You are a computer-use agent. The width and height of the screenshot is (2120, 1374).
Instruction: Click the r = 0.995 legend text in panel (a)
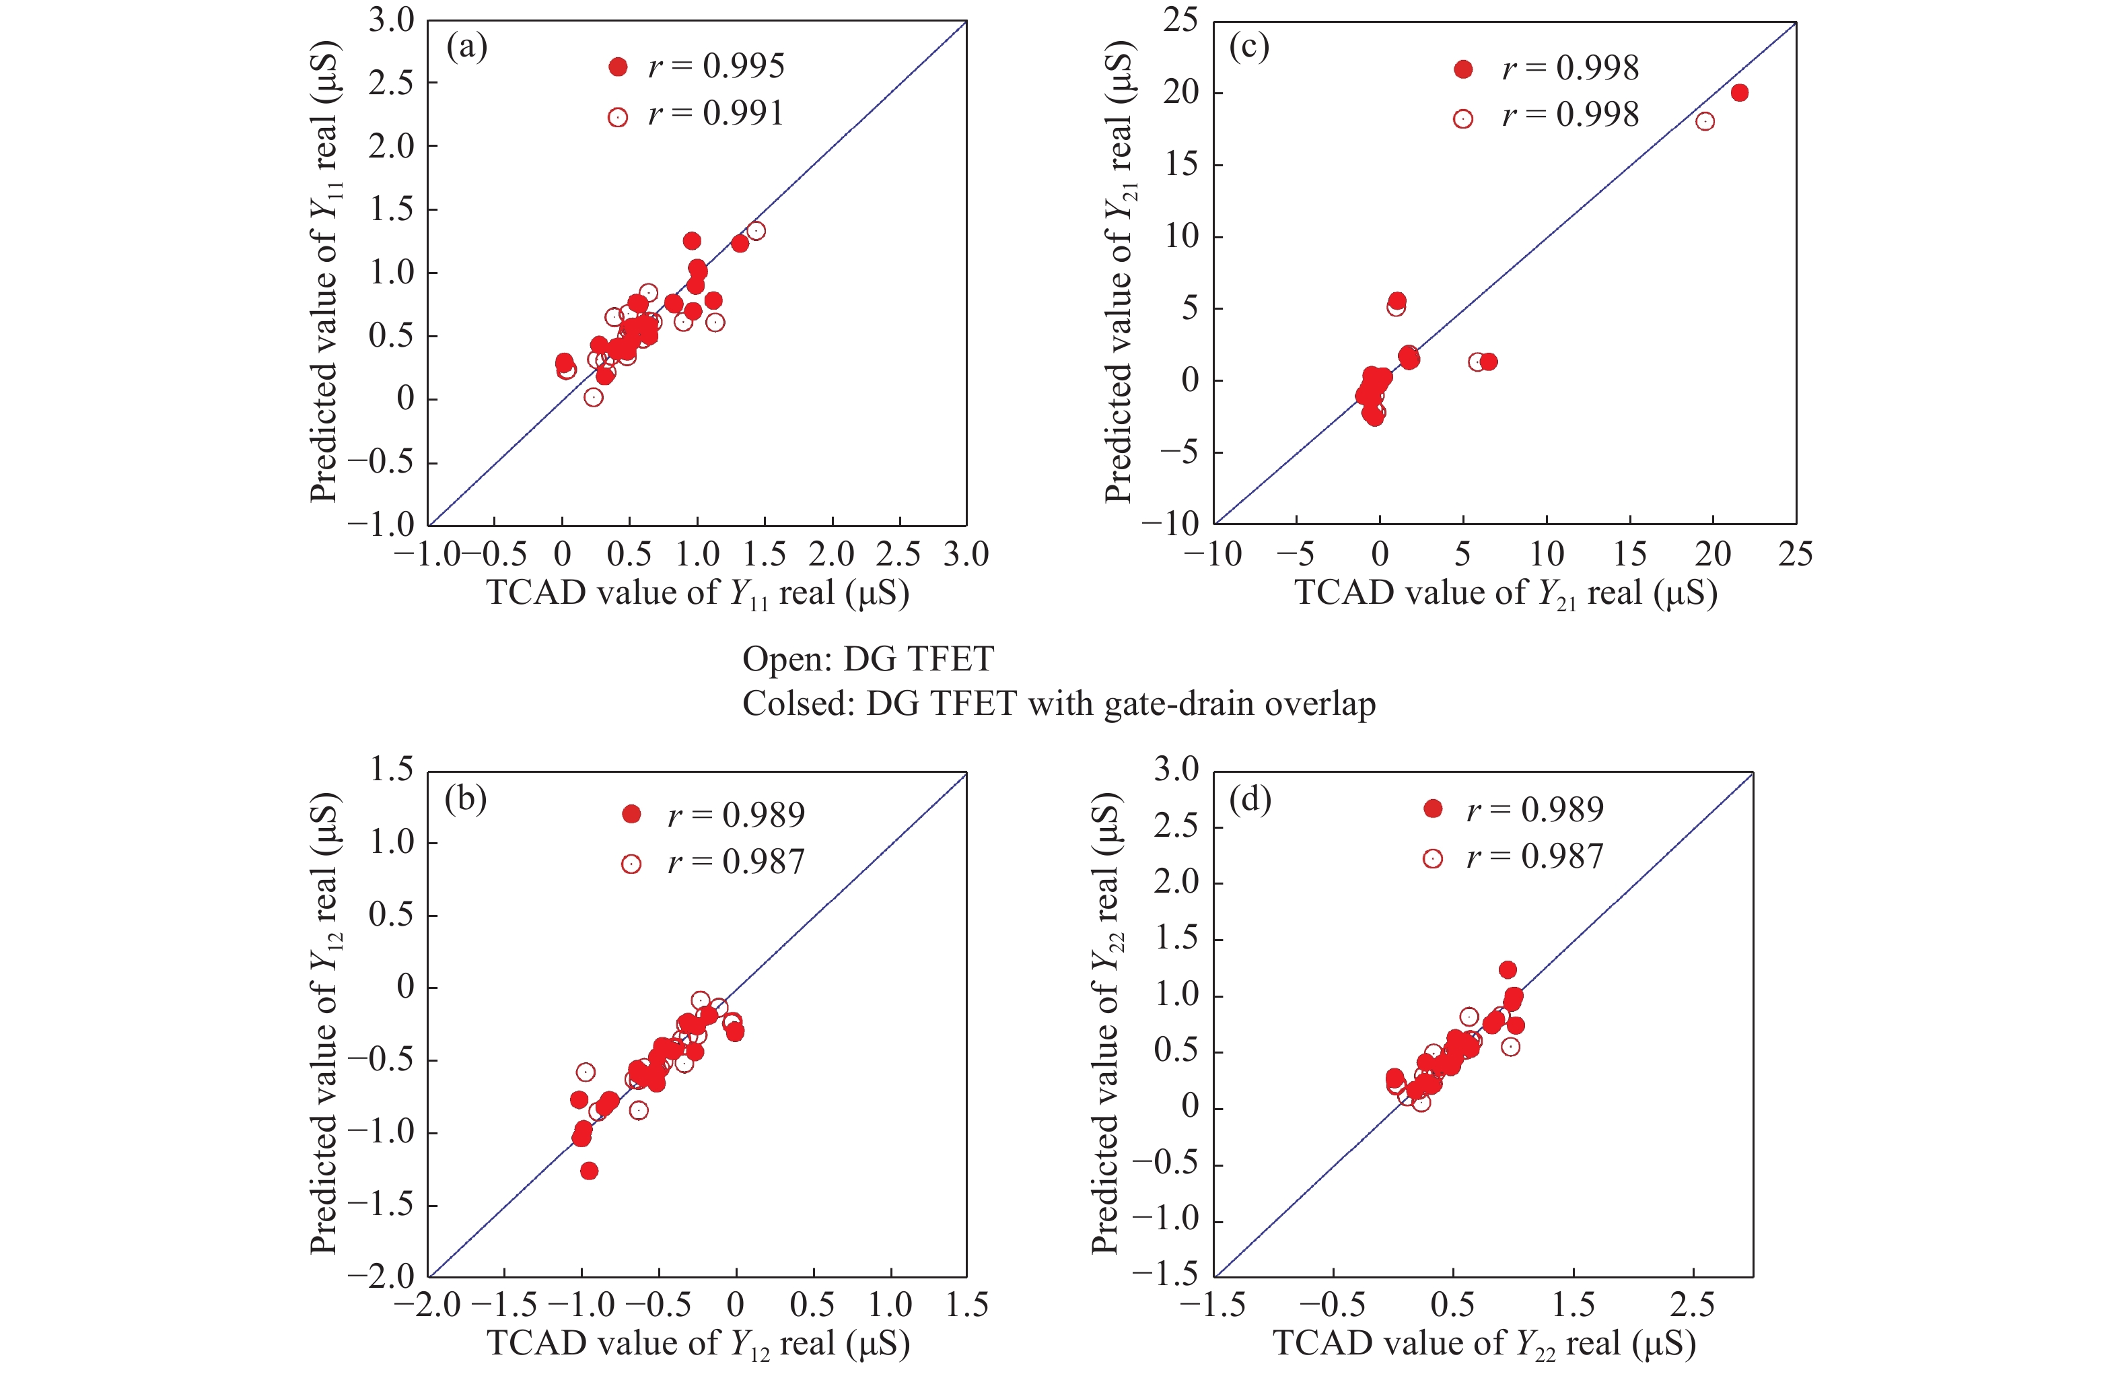click(x=716, y=66)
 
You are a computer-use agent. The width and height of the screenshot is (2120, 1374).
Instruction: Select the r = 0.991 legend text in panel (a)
click(x=716, y=113)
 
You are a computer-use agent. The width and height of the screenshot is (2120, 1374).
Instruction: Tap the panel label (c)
click(x=1249, y=46)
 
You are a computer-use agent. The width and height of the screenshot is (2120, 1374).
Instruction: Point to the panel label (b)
click(x=466, y=798)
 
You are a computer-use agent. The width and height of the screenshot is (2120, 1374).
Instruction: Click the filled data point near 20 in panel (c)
click(x=1739, y=93)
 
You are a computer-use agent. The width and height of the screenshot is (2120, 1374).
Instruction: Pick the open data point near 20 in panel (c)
click(x=1705, y=121)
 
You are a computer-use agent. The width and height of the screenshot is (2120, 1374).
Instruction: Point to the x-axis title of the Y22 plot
click(x=1484, y=1344)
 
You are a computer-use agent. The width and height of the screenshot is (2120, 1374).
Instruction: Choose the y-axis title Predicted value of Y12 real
click(x=325, y=1023)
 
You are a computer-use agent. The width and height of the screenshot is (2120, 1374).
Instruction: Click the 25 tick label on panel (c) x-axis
click(x=1795, y=554)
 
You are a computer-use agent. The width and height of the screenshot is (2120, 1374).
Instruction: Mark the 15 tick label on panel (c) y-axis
click(x=1181, y=164)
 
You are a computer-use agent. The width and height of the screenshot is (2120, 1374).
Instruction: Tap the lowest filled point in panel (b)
click(x=589, y=1171)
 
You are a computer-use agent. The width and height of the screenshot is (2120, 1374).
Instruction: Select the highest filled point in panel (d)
click(x=1507, y=969)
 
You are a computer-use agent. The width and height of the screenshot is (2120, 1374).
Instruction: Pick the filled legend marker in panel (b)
click(x=631, y=813)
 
